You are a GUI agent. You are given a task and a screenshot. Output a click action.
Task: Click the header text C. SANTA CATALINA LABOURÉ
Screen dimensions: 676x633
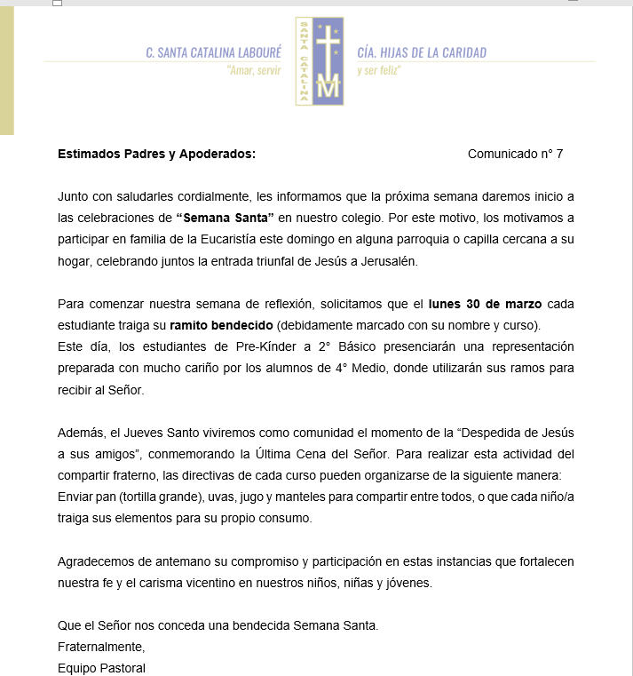coord(214,53)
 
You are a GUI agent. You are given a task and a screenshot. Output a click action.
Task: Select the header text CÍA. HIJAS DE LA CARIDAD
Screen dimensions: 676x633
coord(422,53)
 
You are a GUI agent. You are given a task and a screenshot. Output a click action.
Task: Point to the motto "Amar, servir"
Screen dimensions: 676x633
coord(254,70)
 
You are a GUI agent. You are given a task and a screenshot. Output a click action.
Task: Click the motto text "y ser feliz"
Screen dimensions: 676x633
coord(379,70)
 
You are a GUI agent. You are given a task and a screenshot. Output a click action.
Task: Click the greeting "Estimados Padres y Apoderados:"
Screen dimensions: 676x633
coord(156,154)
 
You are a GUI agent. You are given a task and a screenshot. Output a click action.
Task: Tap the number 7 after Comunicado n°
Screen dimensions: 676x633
coord(559,154)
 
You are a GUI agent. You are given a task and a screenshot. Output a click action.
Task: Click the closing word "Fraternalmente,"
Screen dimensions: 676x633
coord(101,647)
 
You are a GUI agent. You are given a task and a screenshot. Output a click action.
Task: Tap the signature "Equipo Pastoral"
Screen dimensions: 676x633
coord(101,668)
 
